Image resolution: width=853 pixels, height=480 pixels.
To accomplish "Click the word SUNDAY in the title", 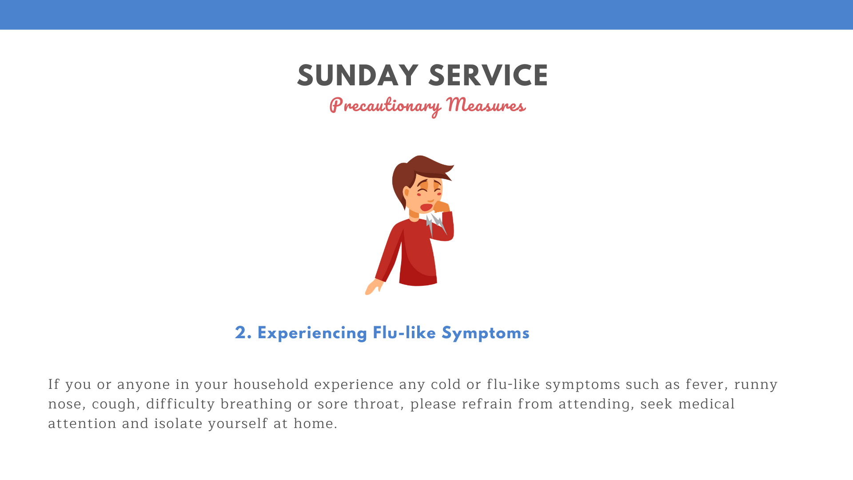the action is click(358, 76).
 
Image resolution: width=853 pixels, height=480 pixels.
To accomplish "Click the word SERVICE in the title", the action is click(488, 76).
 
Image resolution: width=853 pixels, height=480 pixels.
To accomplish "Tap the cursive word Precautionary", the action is click(385, 106).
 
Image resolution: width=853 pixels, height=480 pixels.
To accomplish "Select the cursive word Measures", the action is click(486, 105).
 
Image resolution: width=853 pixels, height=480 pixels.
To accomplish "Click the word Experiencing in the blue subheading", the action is click(312, 333).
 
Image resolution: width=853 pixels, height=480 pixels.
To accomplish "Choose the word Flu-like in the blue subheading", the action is click(404, 333).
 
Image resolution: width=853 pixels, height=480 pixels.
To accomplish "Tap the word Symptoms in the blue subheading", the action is click(486, 333).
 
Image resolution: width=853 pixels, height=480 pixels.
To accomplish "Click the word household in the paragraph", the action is click(271, 384).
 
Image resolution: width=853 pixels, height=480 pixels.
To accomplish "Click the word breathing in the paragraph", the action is click(256, 404).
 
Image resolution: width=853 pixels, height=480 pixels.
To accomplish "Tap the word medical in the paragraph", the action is click(706, 404).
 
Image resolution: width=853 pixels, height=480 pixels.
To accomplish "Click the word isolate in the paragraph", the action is click(178, 424).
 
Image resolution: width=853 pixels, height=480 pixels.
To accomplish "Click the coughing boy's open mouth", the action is click(426, 207).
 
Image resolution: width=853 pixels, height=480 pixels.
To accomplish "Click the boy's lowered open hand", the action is click(373, 287).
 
